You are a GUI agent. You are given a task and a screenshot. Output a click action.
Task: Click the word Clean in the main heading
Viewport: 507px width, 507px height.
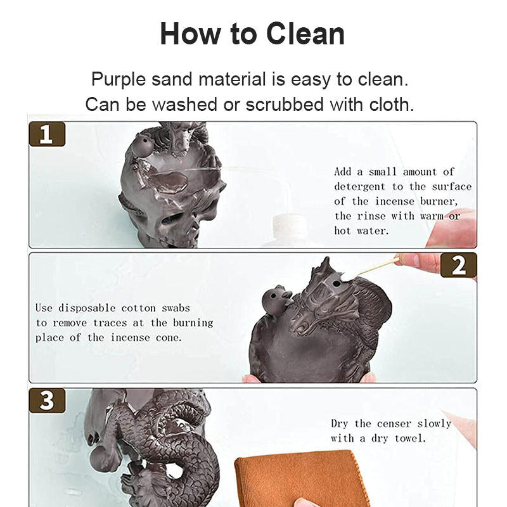coord(305,34)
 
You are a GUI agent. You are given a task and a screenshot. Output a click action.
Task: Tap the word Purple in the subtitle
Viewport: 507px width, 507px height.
coord(119,80)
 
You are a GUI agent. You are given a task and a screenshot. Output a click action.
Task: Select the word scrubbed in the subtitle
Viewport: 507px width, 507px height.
coord(285,104)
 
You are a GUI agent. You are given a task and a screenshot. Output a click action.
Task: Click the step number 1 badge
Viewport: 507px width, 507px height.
coord(47,134)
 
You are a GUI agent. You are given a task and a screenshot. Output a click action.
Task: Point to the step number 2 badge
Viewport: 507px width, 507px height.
coord(458,266)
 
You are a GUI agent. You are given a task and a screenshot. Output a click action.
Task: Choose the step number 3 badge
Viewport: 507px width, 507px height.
coord(47,401)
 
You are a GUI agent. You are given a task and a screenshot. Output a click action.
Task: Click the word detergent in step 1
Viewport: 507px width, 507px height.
coord(359,186)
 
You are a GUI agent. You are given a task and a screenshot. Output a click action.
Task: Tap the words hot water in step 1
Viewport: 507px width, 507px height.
coord(361,231)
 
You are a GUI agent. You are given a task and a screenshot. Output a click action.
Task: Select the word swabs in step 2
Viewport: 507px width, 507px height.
coord(176,308)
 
